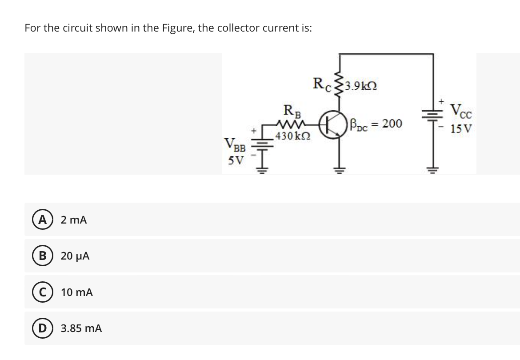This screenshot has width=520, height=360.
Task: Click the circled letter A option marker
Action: (43, 220)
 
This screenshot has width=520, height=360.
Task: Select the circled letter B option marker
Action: (43, 256)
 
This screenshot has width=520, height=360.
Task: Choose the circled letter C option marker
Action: (43, 292)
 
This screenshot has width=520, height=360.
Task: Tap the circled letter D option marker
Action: (43, 328)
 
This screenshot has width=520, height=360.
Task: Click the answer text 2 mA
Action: (74, 220)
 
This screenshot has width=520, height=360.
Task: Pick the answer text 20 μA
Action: (75, 256)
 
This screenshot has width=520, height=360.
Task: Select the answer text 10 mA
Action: (76, 292)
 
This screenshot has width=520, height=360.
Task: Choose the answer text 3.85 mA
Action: (81, 328)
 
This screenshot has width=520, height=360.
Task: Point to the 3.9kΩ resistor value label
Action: (360, 86)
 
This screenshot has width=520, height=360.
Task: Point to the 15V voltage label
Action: (460, 128)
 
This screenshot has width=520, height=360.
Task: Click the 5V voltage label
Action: (236, 161)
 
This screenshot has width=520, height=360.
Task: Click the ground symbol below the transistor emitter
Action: (339, 170)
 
